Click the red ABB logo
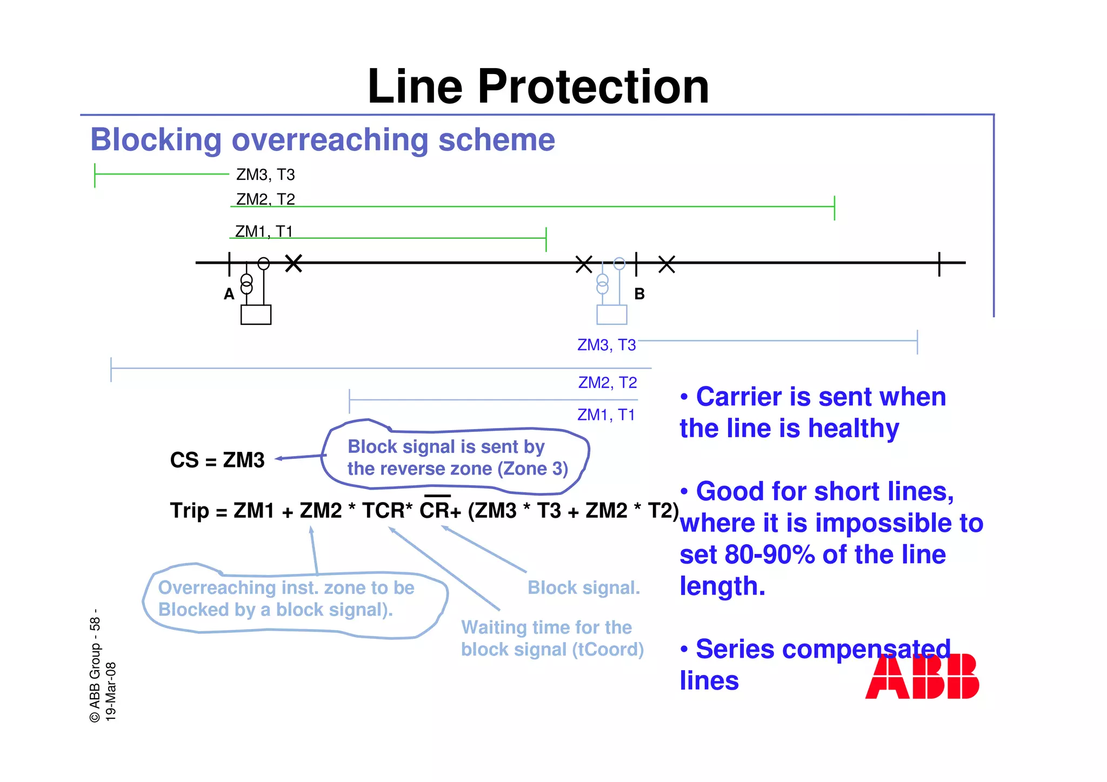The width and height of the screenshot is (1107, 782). coord(922,676)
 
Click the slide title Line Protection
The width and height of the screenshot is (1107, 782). coord(538,86)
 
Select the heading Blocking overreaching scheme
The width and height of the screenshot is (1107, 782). coord(322,140)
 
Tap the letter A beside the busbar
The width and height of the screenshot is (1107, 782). coord(229,294)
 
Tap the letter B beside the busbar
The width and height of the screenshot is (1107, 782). coord(639,294)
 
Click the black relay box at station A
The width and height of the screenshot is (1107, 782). coord(256,315)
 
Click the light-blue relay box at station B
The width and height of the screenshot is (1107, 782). coord(611,315)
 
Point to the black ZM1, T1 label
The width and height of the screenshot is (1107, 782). coord(264,231)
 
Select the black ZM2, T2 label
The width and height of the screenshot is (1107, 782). coord(265,199)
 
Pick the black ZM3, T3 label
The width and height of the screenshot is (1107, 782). coord(265,175)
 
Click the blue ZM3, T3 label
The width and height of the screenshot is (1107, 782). coord(606,345)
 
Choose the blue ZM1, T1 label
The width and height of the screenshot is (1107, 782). coord(606,415)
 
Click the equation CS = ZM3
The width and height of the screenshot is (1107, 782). coord(217,460)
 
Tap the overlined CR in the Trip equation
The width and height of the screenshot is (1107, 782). coord(435,510)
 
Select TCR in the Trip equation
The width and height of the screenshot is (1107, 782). coord(383,510)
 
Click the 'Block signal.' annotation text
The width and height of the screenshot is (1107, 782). coord(584,588)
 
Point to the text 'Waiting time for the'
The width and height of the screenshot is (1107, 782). coord(546,627)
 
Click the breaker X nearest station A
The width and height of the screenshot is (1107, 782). coord(294,264)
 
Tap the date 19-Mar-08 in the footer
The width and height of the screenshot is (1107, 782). coord(111,691)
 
